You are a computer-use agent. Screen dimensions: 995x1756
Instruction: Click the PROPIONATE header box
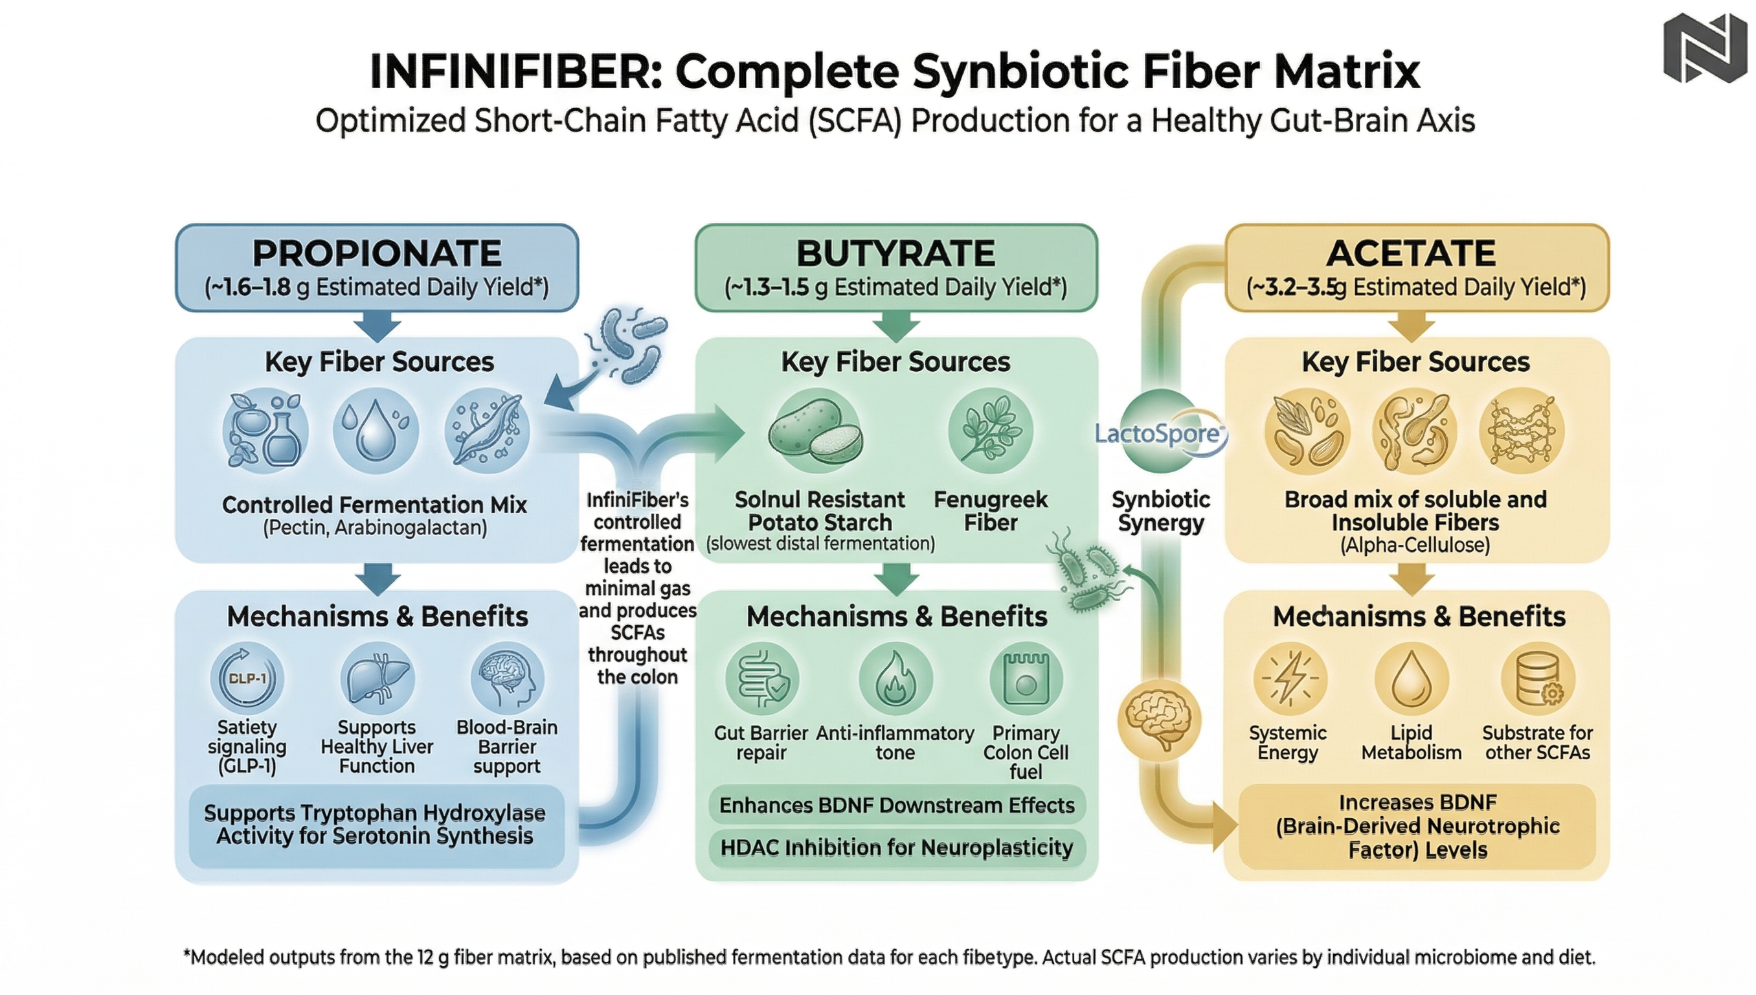coord(377,267)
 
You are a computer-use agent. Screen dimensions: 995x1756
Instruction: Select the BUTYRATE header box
coord(896,267)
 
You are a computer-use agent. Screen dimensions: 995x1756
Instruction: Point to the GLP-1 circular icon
coord(247,679)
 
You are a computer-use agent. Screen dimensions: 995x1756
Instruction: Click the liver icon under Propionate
coord(377,679)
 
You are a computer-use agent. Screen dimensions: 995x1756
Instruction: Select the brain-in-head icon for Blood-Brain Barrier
coord(508,679)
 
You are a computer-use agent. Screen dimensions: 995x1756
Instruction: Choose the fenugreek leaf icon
coord(991,431)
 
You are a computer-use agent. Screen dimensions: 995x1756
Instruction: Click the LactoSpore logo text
coord(1158,433)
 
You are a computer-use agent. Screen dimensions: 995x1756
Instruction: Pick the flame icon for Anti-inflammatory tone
coord(895,679)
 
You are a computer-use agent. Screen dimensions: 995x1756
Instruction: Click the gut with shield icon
coord(761,679)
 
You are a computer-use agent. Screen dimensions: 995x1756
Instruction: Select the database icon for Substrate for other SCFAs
coord(1537,679)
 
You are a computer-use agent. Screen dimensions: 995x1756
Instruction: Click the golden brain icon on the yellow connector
coord(1158,719)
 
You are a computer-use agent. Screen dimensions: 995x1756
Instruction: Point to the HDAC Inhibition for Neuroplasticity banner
coord(896,848)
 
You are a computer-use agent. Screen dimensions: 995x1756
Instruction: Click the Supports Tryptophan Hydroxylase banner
coord(376,825)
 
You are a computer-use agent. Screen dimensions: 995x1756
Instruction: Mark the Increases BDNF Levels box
coord(1417,825)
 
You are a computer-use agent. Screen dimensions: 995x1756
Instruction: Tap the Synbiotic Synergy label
coord(1160,511)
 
